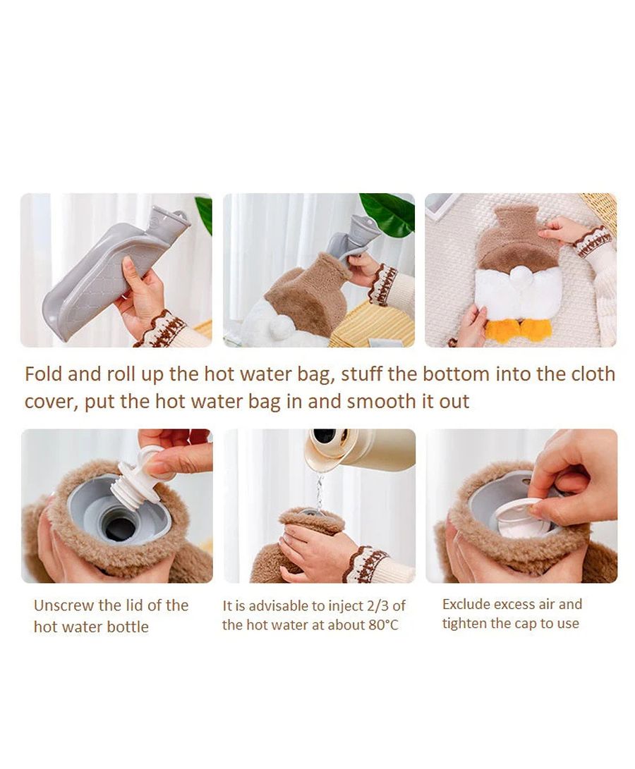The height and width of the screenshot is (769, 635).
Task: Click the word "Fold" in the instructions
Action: pos(44,374)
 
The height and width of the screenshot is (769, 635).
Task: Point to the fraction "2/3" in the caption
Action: pos(377,606)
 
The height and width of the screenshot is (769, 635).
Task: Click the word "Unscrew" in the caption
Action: pos(64,605)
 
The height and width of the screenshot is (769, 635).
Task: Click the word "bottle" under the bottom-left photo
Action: pos(127,627)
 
